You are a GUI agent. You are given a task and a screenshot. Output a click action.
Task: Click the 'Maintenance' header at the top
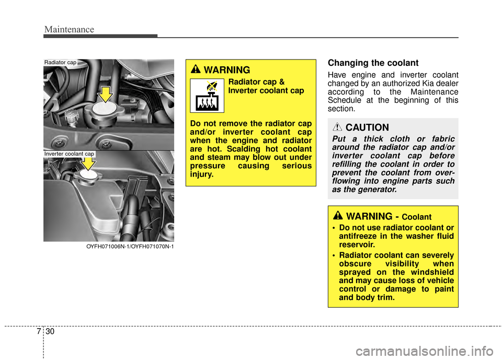(x=69, y=29)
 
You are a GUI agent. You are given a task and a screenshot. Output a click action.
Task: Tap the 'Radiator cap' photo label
(x=60, y=62)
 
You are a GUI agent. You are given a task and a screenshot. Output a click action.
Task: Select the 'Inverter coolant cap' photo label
(x=69, y=154)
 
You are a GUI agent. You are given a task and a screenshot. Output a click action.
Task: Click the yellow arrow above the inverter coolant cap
(x=88, y=162)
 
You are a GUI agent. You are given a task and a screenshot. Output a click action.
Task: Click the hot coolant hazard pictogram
(x=207, y=96)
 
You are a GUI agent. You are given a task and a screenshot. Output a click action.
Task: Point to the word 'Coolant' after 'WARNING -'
(x=417, y=217)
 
